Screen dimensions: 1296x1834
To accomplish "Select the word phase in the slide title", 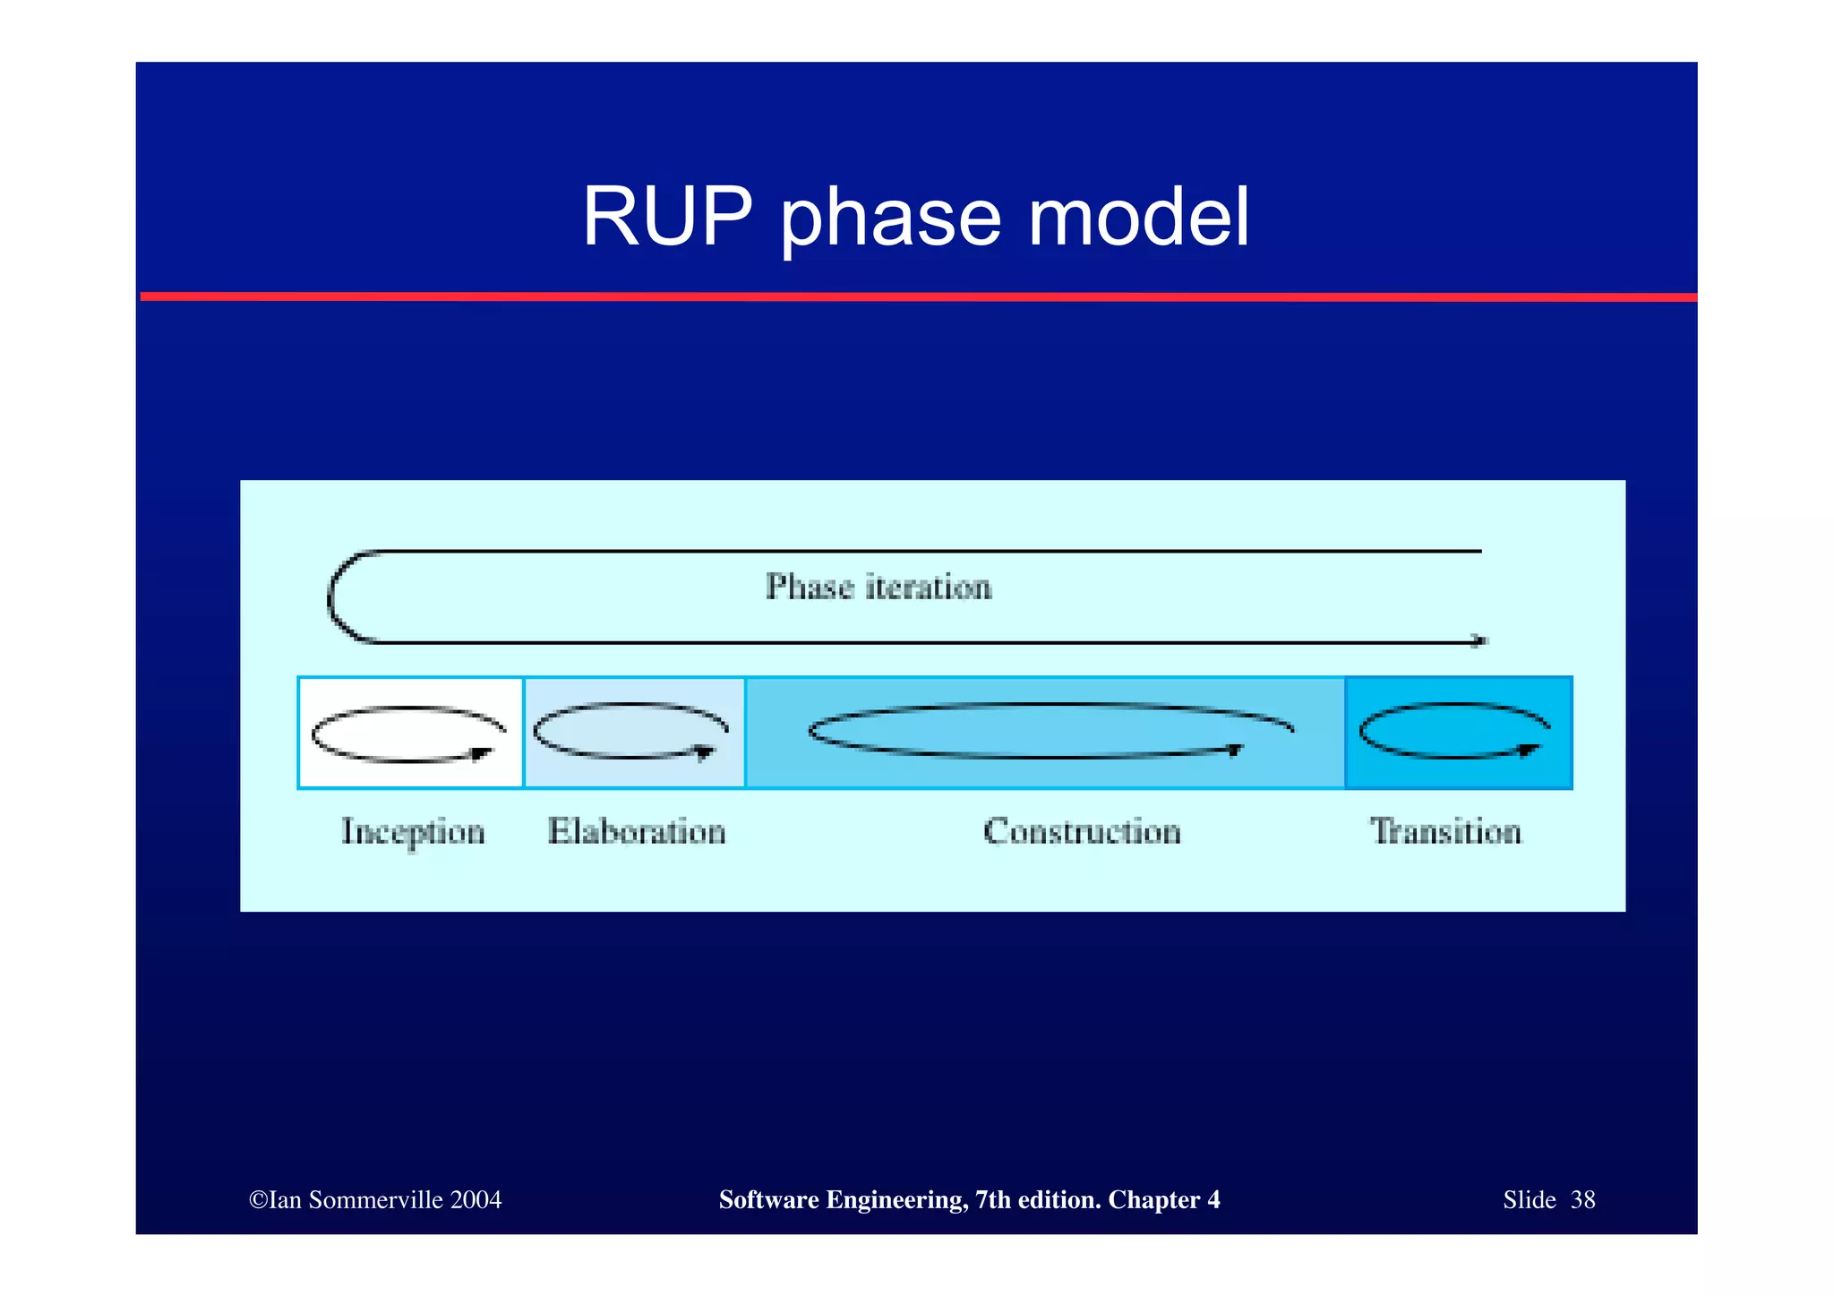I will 890,220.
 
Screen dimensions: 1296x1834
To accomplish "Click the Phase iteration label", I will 878,587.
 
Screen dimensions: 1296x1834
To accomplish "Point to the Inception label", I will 413,832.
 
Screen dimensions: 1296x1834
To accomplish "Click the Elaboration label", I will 637,831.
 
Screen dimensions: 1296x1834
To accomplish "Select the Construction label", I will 1082,831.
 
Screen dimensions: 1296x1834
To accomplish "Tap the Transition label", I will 1445,831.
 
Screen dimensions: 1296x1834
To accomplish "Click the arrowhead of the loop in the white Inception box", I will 483,753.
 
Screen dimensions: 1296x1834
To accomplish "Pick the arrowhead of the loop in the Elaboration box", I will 706,751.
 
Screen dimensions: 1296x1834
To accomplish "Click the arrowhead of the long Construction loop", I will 1235,750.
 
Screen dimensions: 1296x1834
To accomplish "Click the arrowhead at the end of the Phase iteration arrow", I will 1479,640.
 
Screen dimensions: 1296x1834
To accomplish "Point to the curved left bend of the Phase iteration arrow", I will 332,597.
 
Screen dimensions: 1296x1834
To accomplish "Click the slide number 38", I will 1582,1200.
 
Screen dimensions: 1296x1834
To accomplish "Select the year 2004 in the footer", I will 476,1200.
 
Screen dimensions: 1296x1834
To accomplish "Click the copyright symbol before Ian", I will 258,1200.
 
